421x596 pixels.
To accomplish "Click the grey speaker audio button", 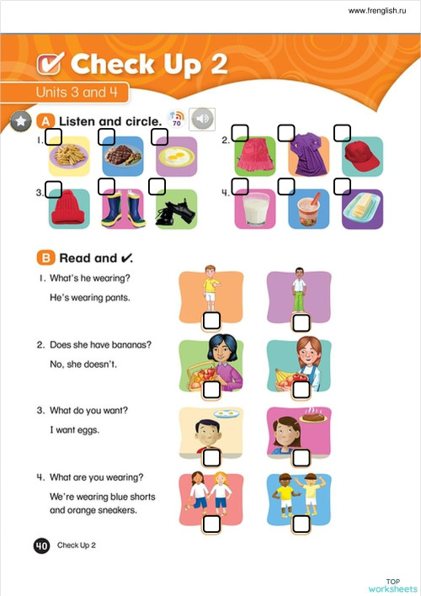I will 202,119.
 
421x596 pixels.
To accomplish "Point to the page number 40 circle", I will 41,545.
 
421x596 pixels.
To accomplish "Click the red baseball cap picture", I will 363,157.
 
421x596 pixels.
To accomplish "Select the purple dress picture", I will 309,157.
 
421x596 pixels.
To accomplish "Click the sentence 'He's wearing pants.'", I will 93,299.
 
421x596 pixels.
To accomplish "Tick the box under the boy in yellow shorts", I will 211,321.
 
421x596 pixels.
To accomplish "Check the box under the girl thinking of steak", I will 301,457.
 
